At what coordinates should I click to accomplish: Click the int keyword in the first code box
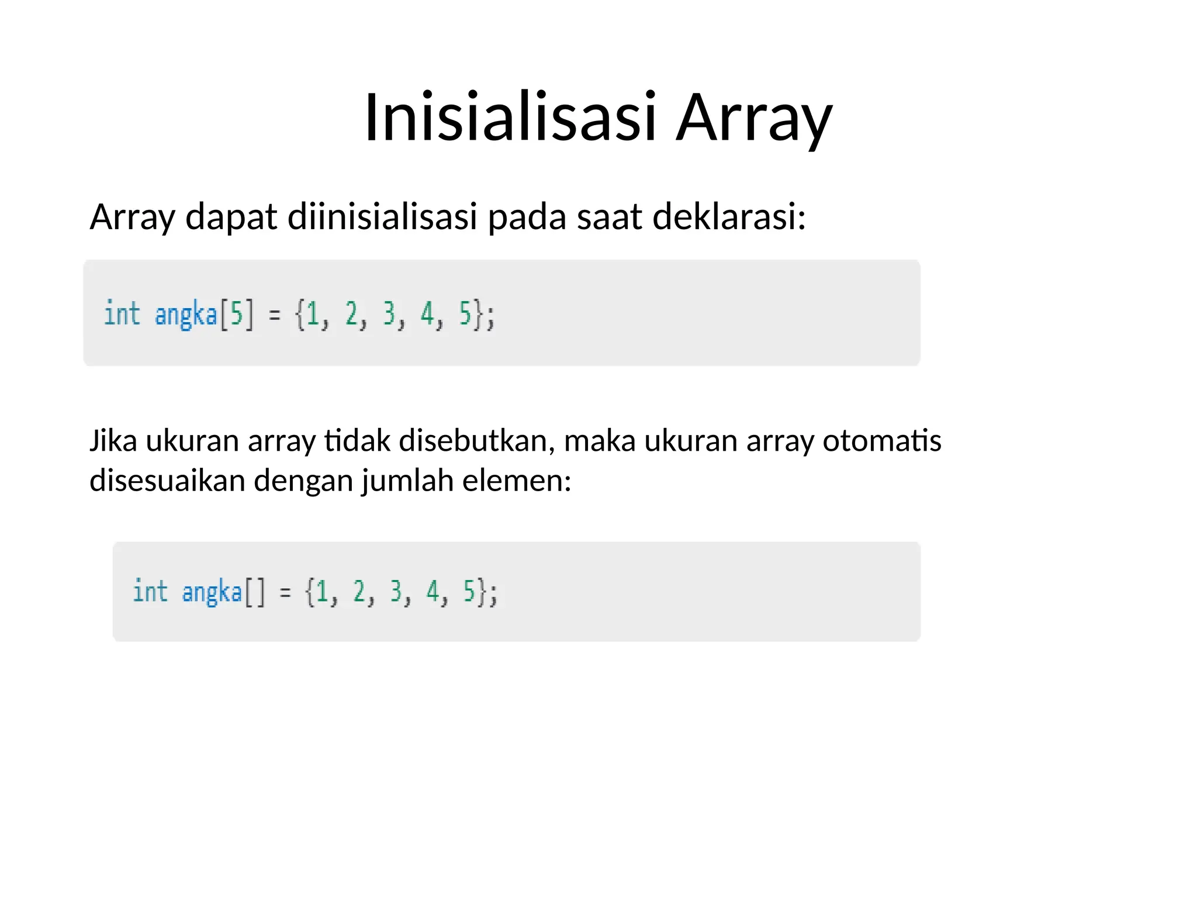point(122,313)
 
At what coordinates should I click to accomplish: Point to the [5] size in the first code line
point(237,315)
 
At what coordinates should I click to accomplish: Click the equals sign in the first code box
point(274,316)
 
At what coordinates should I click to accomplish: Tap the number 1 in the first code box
point(312,315)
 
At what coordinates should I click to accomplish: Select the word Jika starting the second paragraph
point(113,441)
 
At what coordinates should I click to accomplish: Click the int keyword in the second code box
point(150,591)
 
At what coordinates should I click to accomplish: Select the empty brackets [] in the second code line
point(255,592)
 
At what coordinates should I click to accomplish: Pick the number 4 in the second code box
point(433,591)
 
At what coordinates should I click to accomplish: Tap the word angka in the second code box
point(212,592)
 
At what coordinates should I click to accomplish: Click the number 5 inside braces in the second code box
point(469,591)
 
